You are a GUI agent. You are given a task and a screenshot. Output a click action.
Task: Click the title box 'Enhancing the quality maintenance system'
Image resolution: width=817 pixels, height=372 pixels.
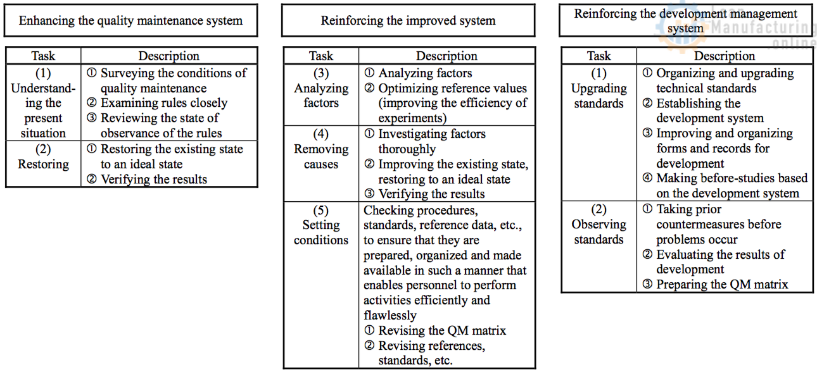pyautogui.click(x=131, y=20)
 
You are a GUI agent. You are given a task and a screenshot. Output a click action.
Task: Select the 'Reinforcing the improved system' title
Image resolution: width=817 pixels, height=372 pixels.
pyautogui.click(x=408, y=20)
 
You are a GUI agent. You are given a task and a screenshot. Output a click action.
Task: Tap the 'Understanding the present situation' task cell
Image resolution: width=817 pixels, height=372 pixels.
pyautogui.click(x=43, y=102)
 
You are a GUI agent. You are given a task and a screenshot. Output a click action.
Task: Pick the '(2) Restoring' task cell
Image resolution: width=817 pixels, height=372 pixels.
pyautogui.click(x=43, y=164)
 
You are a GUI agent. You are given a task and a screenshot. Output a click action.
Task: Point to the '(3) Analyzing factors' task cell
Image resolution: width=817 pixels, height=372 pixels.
pyautogui.click(x=321, y=95)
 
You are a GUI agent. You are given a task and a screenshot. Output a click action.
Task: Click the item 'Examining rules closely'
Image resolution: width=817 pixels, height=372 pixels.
pyautogui.click(x=163, y=103)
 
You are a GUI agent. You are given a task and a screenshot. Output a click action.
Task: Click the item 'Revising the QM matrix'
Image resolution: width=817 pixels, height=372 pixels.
pyautogui.click(x=441, y=330)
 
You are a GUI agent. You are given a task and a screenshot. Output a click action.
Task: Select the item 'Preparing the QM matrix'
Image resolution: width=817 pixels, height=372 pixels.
pyautogui.click(x=721, y=284)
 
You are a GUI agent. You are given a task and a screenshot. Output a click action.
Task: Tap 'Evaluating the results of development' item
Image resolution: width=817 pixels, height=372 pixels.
pyautogui.click(x=719, y=262)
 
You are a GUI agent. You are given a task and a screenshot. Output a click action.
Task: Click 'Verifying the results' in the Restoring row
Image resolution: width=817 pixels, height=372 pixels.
pyautogui.click(x=153, y=179)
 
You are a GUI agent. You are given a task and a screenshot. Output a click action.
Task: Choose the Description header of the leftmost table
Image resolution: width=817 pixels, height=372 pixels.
pyautogui.click(x=169, y=56)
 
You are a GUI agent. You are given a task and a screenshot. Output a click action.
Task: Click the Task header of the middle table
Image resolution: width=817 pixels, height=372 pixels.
pyautogui.click(x=321, y=56)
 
